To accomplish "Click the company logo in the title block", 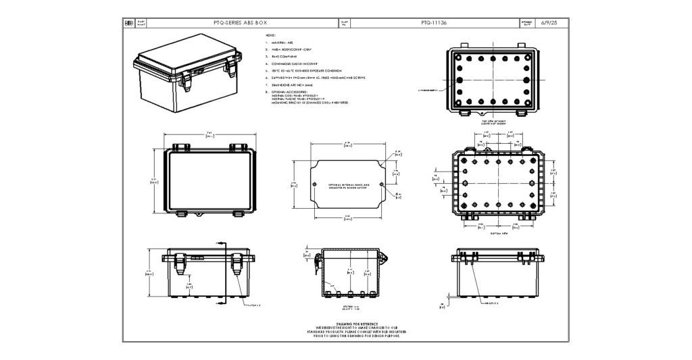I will pyautogui.click(x=129, y=23).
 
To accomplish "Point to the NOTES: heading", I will pyautogui.click(x=270, y=34).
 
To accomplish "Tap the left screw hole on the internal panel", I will pyautogui.click(x=315, y=184).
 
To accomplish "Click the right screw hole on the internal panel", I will pyautogui.click(x=382, y=184).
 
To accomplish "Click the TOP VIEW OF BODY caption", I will pyautogui.click(x=498, y=122).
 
